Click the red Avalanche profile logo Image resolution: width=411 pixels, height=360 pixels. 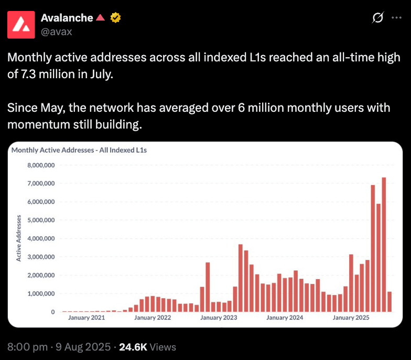[22, 24]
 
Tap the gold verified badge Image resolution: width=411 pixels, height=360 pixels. [115, 18]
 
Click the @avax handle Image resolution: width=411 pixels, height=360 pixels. [57, 31]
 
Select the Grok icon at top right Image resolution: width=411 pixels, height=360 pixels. [377, 18]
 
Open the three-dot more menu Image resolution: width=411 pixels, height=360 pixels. [397, 18]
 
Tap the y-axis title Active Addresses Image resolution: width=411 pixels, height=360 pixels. [19, 238]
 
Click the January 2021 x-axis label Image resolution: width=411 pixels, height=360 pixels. [86, 317]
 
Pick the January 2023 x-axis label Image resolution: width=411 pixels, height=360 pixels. [219, 317]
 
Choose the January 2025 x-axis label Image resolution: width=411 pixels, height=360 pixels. [351, 317]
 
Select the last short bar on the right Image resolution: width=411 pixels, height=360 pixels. [390, 302]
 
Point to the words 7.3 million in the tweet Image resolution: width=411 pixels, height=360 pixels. [46, 74]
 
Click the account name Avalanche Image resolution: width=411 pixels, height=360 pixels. [67, 18]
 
